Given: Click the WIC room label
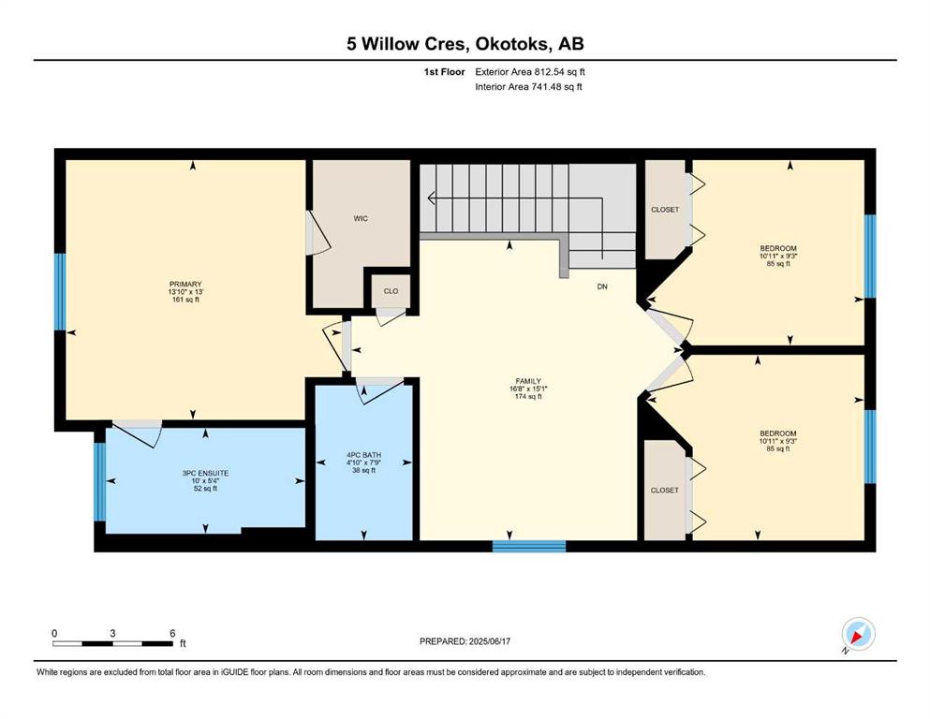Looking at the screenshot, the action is tap(361, 219).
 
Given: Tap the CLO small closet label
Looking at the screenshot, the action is tap(391, 291).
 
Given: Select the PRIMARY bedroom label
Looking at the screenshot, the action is tap(185, 284).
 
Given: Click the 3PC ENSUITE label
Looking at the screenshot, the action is tap(205, 473).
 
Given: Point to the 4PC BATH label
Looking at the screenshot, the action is tap(363, 455).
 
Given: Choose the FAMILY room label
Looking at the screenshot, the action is tap(528, 381).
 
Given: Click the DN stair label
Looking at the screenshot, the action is tap(602, 286).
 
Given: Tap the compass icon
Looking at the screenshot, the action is tap(858, 634).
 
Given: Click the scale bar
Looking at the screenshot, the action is tap(112, 643).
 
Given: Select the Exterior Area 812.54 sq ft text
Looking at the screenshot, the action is tap(530, 72).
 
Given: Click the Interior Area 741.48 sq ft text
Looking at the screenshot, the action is tap(528, 86).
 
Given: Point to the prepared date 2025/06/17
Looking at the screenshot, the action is tap(490, 641).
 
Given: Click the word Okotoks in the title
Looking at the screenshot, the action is tap(512, 44).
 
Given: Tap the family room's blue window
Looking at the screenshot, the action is tap(529, 547).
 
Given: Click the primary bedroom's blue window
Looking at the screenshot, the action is tap(60, 292).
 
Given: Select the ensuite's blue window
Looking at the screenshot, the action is tap(100, 481).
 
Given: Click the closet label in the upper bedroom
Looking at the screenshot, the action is tap(665, 210).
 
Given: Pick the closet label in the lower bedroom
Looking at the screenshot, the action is tap(664, 491).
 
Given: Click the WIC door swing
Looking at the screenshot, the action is tap(320, 235).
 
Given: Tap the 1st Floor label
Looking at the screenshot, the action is tap(444, 72).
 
